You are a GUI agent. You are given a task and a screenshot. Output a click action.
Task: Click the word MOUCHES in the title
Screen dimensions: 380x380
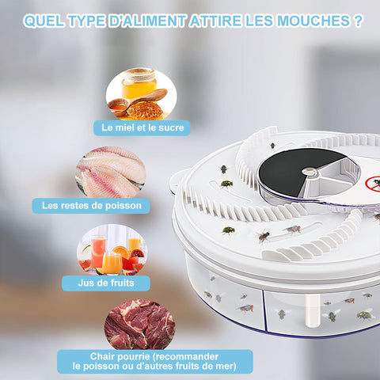tap(313, 21)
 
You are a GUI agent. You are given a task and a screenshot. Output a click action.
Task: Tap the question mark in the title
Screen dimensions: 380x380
tap(359, 21)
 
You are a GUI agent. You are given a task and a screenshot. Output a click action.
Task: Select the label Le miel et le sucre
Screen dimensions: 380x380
tap(142, 127)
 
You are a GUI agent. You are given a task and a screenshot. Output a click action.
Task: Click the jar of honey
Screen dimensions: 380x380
tap(139, 83)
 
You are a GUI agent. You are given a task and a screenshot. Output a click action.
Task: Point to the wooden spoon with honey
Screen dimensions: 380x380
tap(137, 102)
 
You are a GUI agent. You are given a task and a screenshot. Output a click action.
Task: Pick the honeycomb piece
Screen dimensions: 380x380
tap(145, 110)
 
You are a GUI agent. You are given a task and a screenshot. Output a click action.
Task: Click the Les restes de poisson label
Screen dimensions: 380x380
tap(91, 206)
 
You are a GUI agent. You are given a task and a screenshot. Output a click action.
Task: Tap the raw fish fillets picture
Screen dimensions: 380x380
tap(110, 172)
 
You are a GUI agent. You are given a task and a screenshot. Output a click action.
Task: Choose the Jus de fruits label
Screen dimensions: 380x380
tap(106, 283)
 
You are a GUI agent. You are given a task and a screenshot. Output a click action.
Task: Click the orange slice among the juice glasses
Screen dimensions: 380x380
tap(121, 252)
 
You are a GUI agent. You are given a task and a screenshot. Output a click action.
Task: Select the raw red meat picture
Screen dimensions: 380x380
tap(139, 325)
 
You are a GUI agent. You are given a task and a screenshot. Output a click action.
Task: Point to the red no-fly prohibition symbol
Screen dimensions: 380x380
tap(373, 183)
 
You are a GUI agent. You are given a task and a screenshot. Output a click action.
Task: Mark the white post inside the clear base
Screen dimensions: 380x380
tap(313, 310)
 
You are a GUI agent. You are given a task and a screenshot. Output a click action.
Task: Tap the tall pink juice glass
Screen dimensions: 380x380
tap(98, 252)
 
